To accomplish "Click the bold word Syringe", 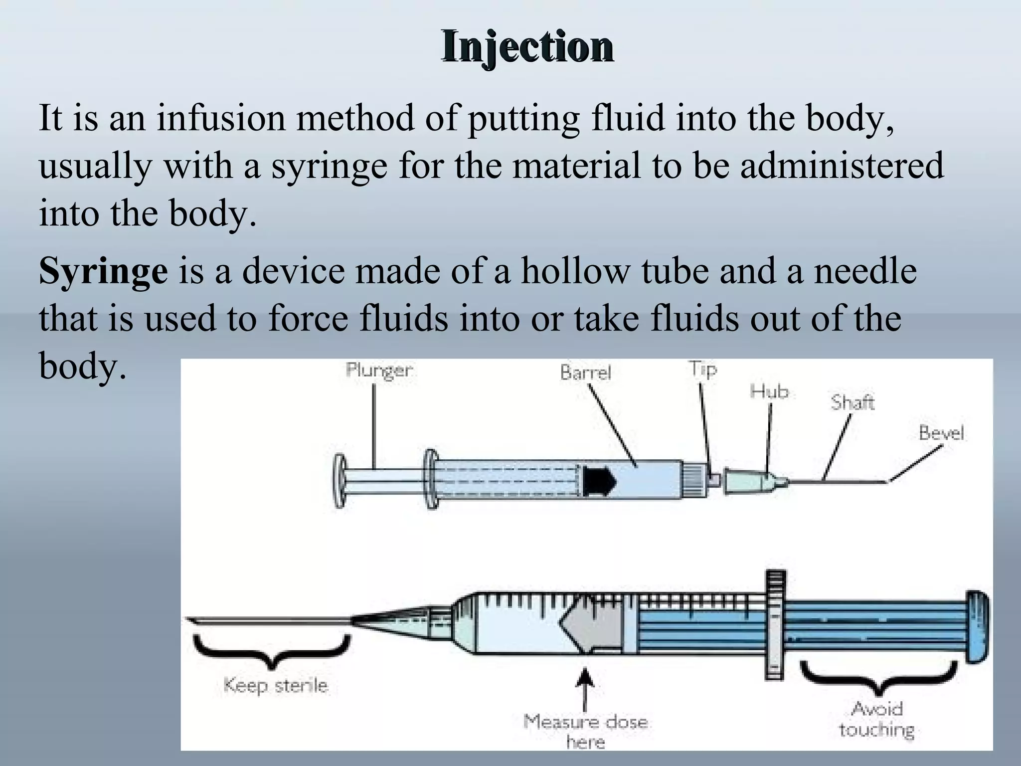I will (103, 271).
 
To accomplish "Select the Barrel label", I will (585, 373).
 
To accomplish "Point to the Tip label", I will (703, 370).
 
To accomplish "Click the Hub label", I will (769, 391).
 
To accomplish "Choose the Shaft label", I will (852, 402).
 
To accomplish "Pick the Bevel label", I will (941, 432).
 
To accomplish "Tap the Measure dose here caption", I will (586, 731).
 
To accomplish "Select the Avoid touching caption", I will (877, 719).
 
